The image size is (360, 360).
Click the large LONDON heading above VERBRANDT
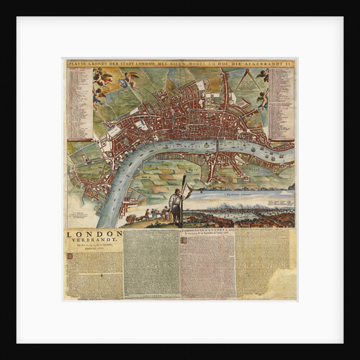pyautogui.click(x=94, y=234)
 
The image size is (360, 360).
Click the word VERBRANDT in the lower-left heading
pyautogui.click(x=94, y=241)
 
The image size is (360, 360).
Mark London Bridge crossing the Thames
pyautogui.click(x=217, y=151)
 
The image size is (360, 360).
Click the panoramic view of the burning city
pyautogui.click(x=238, y=209)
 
